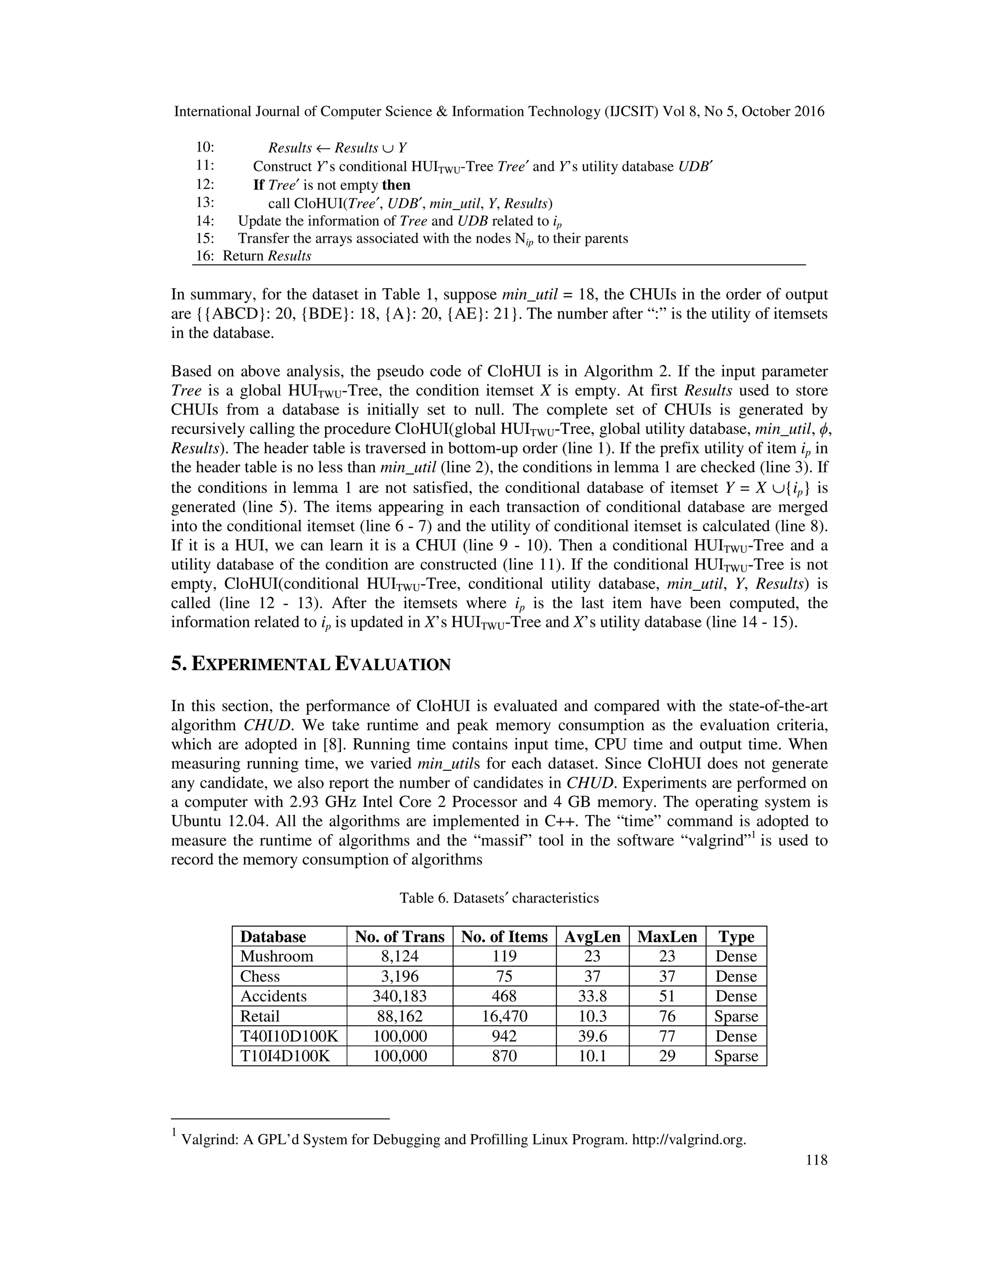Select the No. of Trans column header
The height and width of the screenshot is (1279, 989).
click(x=399, y=936)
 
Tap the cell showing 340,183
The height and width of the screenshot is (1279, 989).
click(x=399, y=996)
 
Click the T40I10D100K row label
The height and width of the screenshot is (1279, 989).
click(x=289, y=1036)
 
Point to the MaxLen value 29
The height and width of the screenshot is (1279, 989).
click(x=667, y=1056)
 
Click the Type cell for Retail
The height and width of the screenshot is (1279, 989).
click(x=736, y=1016)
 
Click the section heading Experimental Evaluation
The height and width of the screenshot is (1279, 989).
click(x=311, y=664)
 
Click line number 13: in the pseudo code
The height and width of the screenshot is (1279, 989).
click(x=205, y=203)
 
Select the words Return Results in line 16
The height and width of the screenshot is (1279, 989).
click(x=267, y=256)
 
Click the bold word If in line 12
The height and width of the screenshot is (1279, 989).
click(x=258, y=185)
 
